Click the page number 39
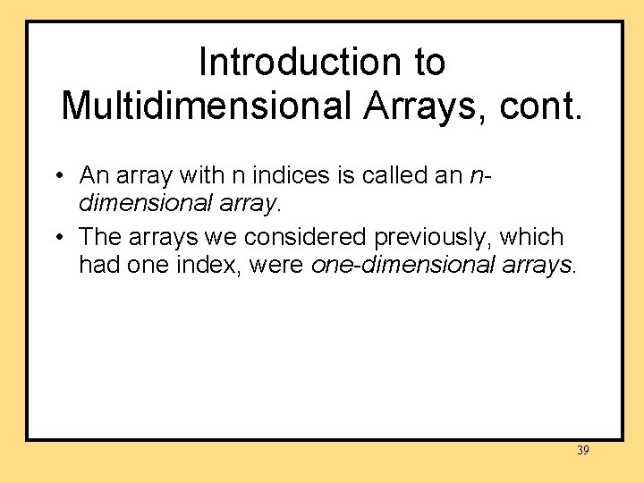click(x=582, y=450)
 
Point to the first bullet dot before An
click(x=56, y=175)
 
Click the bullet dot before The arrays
click(x=56, y=238)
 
